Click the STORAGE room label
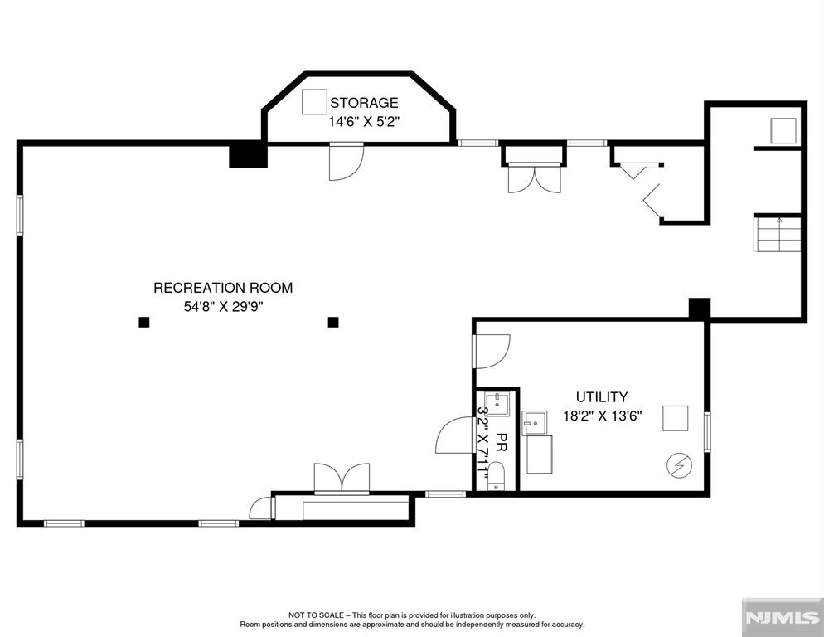(x=364, y=102)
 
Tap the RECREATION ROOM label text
(x=223, y=288)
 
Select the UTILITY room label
(x=602, y=396)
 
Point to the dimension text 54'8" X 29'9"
(x=223, y=306)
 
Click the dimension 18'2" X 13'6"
(x=602, y=416)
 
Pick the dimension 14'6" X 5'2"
(x=364, y=121)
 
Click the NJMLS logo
(x=783, y=618)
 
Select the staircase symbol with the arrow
(x=778, y=234)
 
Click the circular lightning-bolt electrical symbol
(x=679, y=465)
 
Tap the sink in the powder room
(x=497, y=403)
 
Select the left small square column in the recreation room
(x=144, y=322)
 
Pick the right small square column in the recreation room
(x=333, y=322)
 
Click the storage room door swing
(x=347, y=162)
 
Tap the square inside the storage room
(x=315, y=101)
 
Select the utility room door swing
(x=492, y=351)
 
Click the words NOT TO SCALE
(x=316, y=615)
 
